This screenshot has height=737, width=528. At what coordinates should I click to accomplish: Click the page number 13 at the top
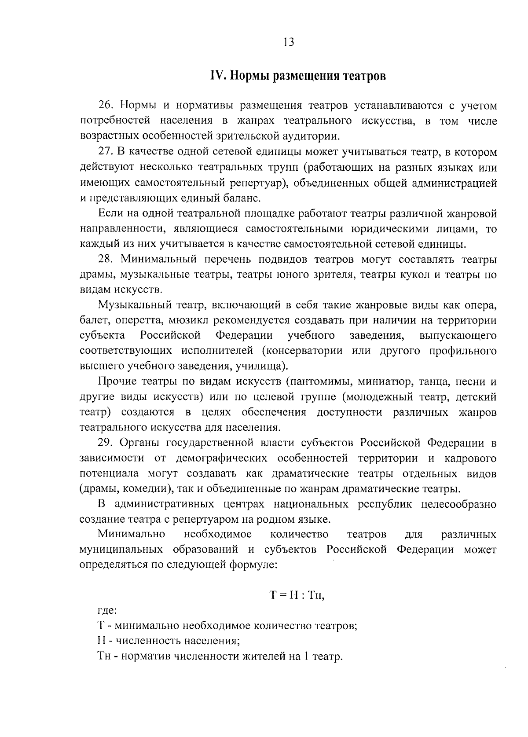point(288,42)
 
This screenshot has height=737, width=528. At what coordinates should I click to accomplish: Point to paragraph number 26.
point(106,106)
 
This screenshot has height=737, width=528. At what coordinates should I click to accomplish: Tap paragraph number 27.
point(106,152)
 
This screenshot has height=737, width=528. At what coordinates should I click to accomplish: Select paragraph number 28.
point(106,260)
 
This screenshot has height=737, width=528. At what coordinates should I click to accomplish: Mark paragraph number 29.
point(106,443)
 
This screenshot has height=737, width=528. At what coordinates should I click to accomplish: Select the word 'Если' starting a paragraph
point(109,214)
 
